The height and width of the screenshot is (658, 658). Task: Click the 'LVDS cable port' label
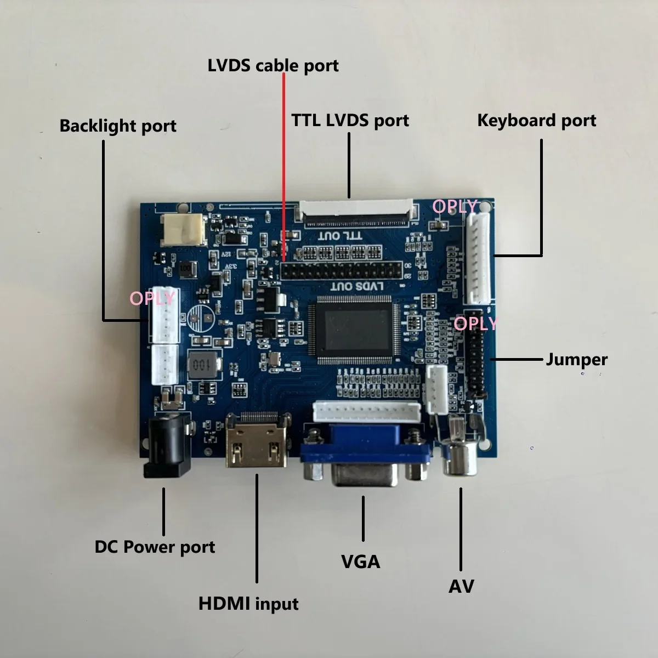pyautogui.click(x=273, y=65)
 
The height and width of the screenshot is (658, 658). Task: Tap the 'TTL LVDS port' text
pyautogui.click(x=350, y=120)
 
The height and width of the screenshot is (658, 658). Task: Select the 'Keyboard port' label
pyautogui.click(x=536, y=120)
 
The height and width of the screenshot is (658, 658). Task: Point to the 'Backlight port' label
pyautogui.click(x=118, y=126)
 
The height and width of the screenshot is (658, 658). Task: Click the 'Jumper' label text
pyautogui.click(x=576, y=360)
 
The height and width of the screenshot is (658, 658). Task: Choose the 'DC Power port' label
pyautogui.click(x=155, y=547)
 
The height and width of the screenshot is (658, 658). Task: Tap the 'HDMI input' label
pyautogui.click(x=248, y=604)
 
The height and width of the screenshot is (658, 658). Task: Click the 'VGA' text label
pyautogui.click(x=360, y=561)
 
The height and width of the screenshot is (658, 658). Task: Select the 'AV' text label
pyautogui.click(x=461, y=586)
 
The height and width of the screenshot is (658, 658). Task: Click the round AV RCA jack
pyautogui.click(x=462, y=456)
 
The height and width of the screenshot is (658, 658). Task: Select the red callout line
pyautogui.click(x=283, y=164)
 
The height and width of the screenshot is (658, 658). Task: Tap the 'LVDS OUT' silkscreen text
pyautogui.click(x=356, y=286)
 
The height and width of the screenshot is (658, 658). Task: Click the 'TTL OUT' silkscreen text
pyautogui.click(x=348, y=235)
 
